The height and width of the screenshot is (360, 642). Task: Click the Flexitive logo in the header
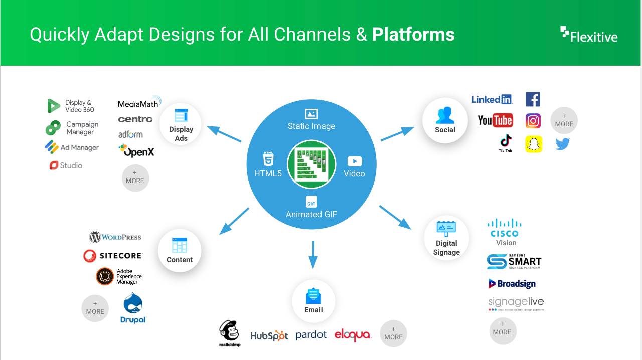pos(589,35)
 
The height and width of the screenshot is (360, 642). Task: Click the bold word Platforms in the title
pos(413,35)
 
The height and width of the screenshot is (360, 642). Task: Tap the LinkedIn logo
pos(492,99)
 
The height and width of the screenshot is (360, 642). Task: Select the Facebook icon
pos(533,99)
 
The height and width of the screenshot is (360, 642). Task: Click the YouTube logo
pos(496,120)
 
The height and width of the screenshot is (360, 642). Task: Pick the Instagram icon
pos(533,121)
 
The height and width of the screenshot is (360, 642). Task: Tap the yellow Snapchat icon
pos(534,144)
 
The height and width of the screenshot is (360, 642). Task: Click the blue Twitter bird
pos(563,144)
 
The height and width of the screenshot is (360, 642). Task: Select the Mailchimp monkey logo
pos(229,333)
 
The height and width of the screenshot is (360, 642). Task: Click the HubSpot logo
pos(269,336)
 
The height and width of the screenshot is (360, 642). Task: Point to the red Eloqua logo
pos(353,335)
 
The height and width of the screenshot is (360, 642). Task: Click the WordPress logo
pos(115,237)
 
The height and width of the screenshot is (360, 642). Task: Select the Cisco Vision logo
pos(505,232)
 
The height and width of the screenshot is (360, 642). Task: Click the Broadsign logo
pos(512,284)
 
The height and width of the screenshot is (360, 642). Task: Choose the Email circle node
pos(313,301)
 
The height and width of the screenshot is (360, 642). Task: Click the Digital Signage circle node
pos(446,238)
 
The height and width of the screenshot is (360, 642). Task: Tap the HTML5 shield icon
pos(268,159)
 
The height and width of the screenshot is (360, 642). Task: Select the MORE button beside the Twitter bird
pos(564,120)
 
